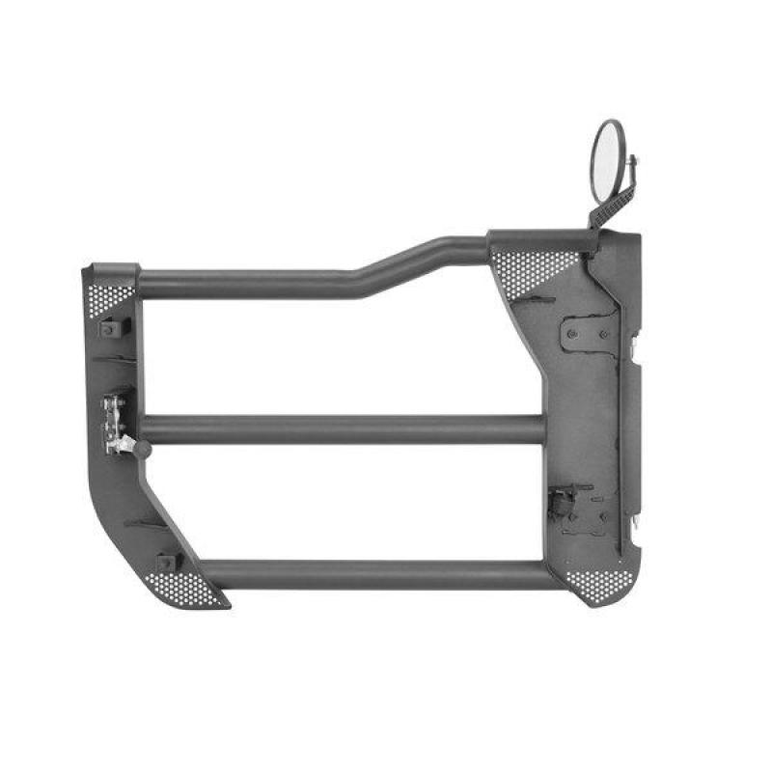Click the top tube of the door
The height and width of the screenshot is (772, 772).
coord(251,284)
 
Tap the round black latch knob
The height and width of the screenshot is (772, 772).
coord(142,449)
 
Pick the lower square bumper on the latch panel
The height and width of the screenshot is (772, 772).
coord(165,563)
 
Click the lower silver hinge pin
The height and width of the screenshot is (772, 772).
coord(637,522)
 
